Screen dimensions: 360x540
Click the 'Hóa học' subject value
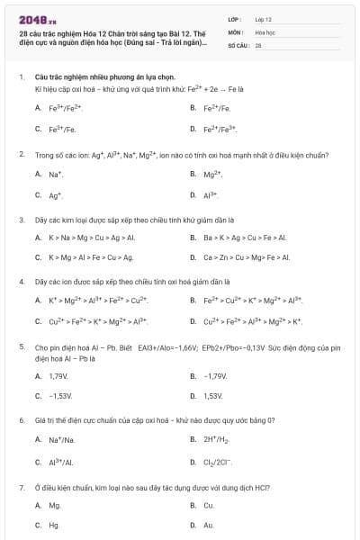[265, 31]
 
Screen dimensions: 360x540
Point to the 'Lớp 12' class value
[263, 18]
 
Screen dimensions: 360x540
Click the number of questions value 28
[258, 44]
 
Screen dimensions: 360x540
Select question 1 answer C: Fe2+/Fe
[62, 129]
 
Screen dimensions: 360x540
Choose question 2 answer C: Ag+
[56, 194]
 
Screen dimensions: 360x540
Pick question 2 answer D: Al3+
[211, 194]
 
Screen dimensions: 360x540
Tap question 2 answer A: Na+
[56, 174]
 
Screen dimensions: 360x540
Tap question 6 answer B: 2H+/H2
[217, 439]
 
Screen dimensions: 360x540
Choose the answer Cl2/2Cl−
[220, 462]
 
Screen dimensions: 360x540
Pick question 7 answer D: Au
[209, 525]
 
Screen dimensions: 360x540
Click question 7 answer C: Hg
[54, 525]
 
